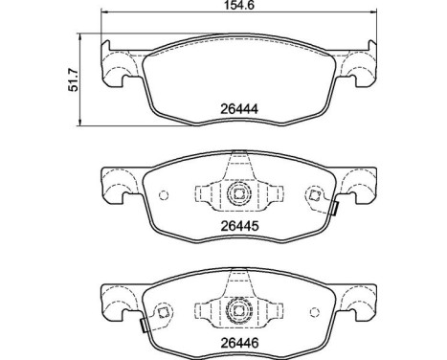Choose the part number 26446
235,342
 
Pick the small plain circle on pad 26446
309,308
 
